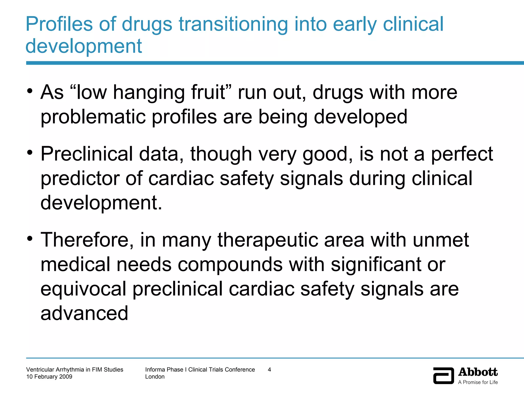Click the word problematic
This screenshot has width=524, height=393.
pyautogui.click(x=93, y=117)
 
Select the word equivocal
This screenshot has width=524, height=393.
pyautogui.click(x=83, y=289)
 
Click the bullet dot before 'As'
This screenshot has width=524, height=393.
pyautogui.click(x=30, y=91)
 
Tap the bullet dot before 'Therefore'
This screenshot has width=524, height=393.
pyautogui.click(x=30, y=238)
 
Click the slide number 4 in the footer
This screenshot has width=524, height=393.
pyautogui.click(x=269, y=369)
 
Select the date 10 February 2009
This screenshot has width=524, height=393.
pyautogui.click(x=49, y=377)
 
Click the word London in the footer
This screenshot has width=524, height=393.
pyautogui.click(x=155, y=377)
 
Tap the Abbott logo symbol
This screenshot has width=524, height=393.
pyautogui.click(x=443, y=376)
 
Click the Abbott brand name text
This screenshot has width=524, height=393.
pyautogui.click(x=478, y=372)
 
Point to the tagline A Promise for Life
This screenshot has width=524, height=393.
pyautogui.click(x=478, y=382)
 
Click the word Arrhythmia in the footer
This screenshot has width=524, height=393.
pyautogui.click(x=70, y=369)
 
